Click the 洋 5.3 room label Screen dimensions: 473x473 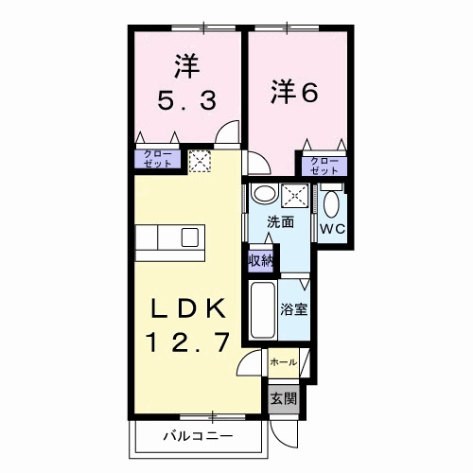tap(184, 83)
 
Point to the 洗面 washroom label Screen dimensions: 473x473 tap(279, 222)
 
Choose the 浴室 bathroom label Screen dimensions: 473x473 tap(292, 307)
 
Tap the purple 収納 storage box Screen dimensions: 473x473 tap(257, 260)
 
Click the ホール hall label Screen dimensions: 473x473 tap(283, 362)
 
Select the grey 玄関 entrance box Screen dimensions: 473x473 tap(282, 397)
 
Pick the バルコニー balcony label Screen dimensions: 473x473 tap(197, 437)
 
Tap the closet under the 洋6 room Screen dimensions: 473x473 tap(324, 164)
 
